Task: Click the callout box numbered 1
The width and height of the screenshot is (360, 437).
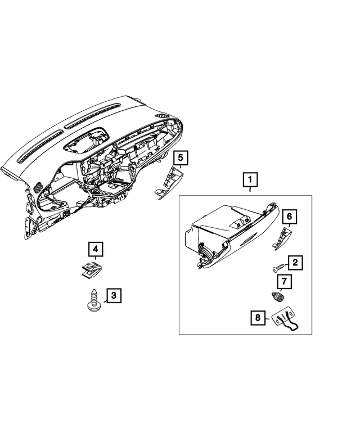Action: pos(250,181)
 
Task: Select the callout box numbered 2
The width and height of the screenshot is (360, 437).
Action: pos(295,263)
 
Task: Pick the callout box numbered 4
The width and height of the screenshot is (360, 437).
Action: pos(95,249)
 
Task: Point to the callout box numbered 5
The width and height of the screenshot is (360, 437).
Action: pos(181,158)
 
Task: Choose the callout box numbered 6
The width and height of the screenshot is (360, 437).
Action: pos(289,216)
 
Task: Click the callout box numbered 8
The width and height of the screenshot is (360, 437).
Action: pos(258,318)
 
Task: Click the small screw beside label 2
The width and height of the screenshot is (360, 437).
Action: pos(279,269)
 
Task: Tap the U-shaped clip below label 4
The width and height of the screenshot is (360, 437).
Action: pos(91,271)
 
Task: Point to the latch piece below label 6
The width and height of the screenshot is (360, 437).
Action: pos(281,237)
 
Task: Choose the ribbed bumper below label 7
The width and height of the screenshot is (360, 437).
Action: pos(279,298)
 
